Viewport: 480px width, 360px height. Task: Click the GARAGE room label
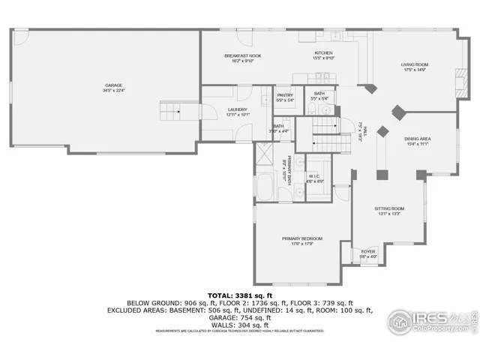113,85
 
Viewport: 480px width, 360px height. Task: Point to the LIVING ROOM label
415,64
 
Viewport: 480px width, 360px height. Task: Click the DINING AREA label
417,139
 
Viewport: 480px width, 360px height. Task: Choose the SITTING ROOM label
389,208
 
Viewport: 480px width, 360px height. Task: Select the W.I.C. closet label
315,177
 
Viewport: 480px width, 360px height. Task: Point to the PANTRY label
285,95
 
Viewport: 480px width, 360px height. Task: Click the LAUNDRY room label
237,110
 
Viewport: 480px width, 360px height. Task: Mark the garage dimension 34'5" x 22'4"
113,91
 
